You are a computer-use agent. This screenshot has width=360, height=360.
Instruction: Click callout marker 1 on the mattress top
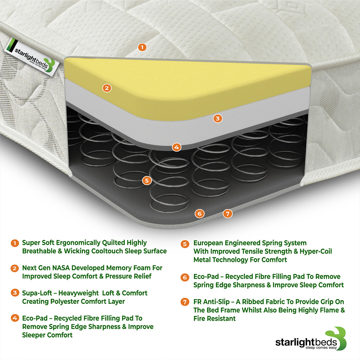pyautogui.click(x=142, y=47)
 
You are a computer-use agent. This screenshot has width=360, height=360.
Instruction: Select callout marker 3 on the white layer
pyautogui.click(x=217, y=118)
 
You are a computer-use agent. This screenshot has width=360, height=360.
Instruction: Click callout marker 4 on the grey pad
pyautogui.click(x=176, y=147)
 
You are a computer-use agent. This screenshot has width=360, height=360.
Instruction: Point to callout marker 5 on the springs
pyautogui.click(x=146, y=180)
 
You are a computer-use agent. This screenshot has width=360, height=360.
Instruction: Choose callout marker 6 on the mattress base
pyautogui.click(x=200, y=213)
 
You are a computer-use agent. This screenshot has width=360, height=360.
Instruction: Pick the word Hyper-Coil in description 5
pyautogui.click(x=316, y=251)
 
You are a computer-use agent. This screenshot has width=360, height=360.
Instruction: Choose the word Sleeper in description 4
pyautogui.click(x=35, y=335)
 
